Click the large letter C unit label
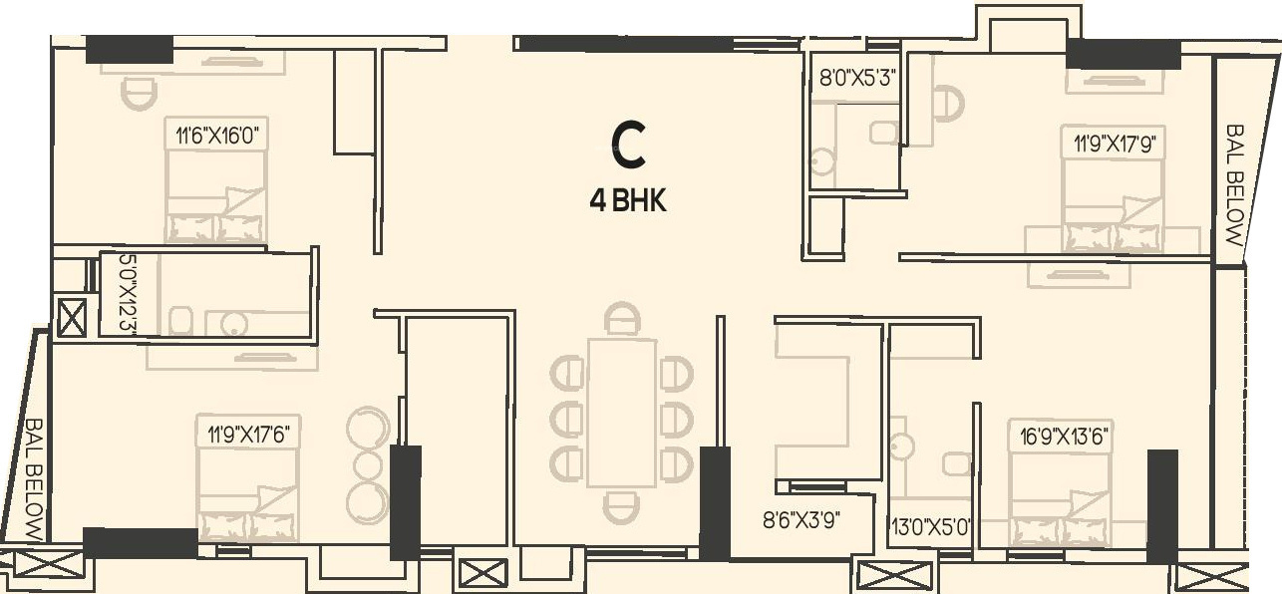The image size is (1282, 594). pyautogui.click(x=628, y=146)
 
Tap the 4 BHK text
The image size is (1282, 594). pyautogui.click(x=627, y=200)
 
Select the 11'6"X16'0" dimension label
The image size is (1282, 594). pyautogui.click(x=216, y=135)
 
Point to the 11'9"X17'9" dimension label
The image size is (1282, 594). pyautogui.click(x=1113, y=144)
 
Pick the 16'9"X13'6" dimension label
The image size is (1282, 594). pyautogui.click(x=1060, y=435)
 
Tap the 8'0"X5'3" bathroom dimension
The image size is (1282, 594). pyautogui.click(x=850, y=77)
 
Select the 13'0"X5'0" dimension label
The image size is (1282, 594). pyautogui.click(x=930, y=521)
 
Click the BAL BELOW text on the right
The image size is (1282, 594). pyautogui.click(x=1234, y=185)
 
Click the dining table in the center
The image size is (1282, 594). pyautogui.click(x=622, y=413)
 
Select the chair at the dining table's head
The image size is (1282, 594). pyautogui.click(x=623, y=320)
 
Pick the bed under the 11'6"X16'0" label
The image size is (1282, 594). pyautogui.click(x=216, y=199)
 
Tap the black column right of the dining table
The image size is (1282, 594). pyautogui.click(x=715, y=502)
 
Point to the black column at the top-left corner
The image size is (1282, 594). pyautogui.click(x=129, y=49)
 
